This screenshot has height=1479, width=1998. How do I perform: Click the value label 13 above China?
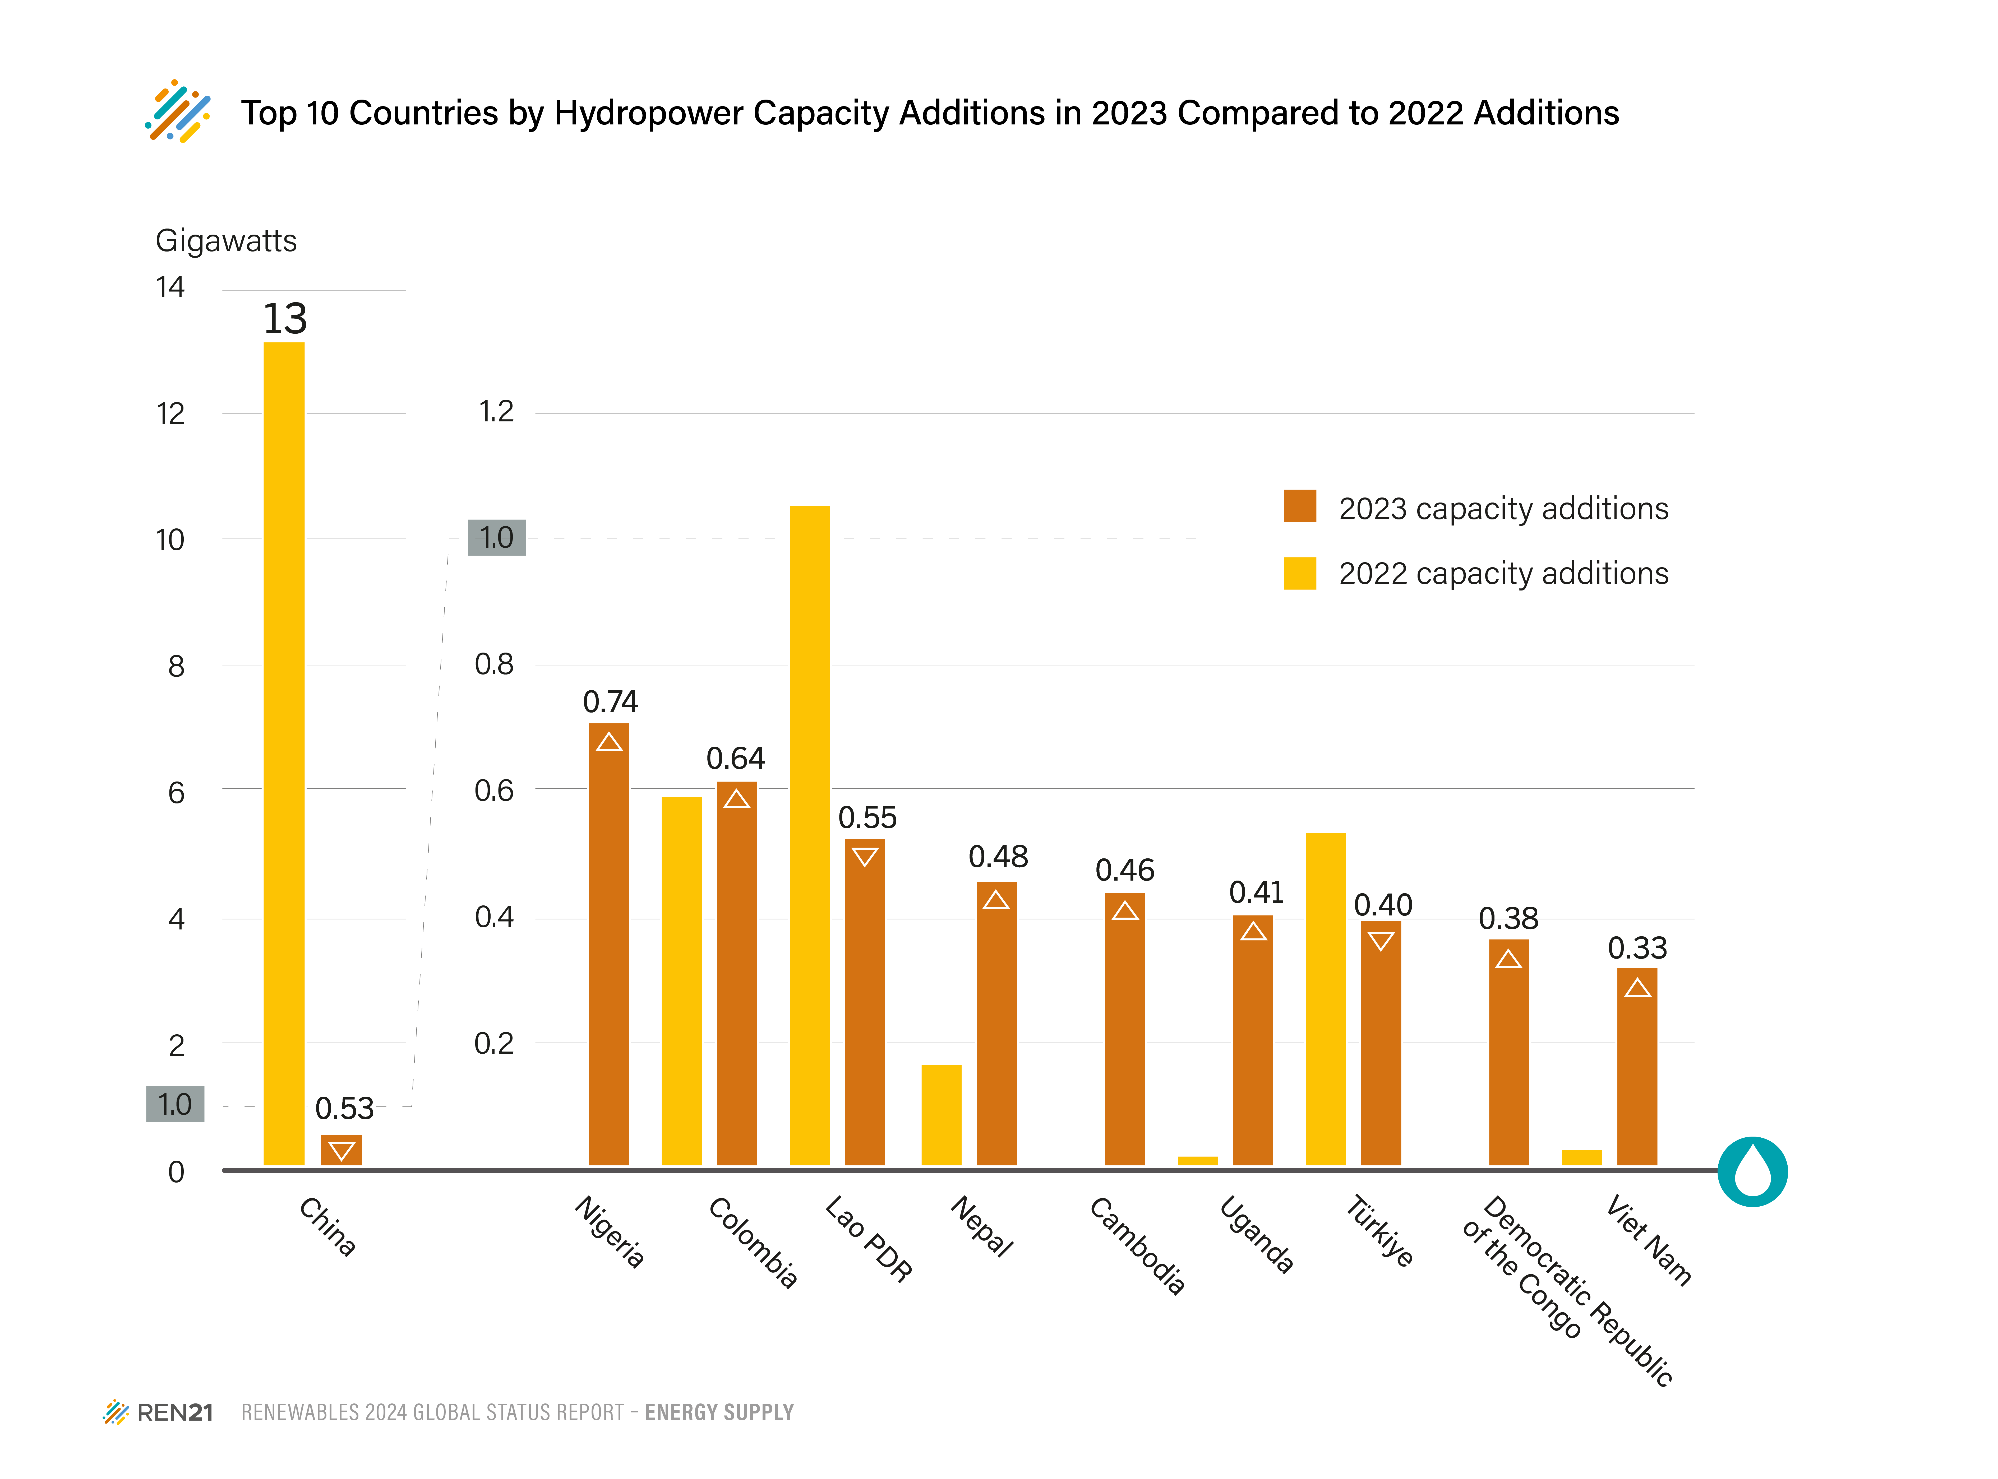coord(285,319)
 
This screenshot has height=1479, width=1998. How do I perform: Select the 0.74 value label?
coord(610,702)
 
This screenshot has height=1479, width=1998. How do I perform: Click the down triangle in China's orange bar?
coord(341,1150)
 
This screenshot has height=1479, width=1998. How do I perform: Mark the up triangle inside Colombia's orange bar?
coord(736,799)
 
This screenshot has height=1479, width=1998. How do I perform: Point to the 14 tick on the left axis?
coord(170,287)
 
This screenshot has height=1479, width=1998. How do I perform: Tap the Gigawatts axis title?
coord(226,241)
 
